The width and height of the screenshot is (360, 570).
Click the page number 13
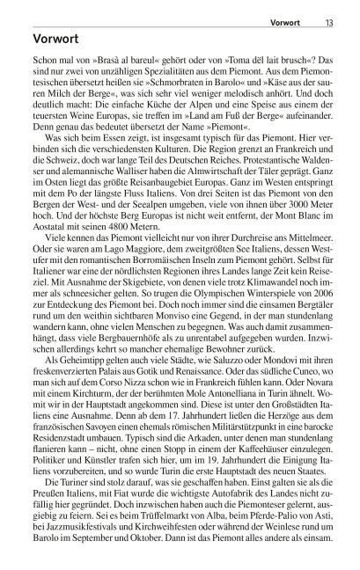tap(327, 11)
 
